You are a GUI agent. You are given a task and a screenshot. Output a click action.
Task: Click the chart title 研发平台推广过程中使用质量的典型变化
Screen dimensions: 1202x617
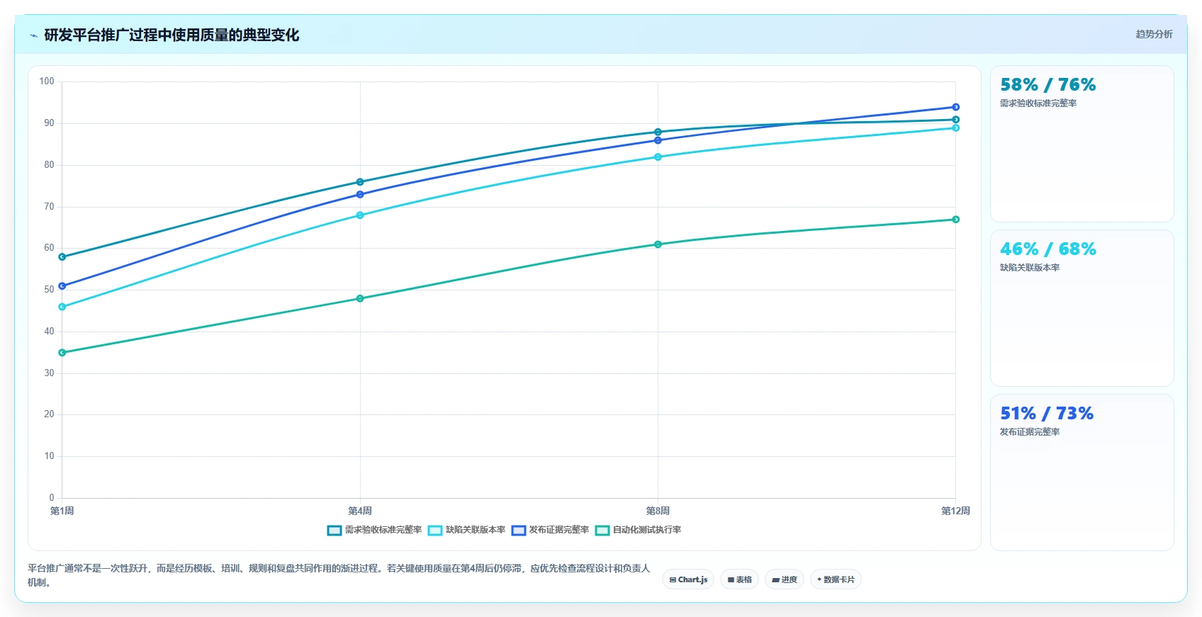[172, 35]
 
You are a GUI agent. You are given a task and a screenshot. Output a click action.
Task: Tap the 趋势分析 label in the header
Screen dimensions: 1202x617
[1154, 34]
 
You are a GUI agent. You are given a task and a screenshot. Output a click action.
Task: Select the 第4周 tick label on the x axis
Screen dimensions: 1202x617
[359, 511]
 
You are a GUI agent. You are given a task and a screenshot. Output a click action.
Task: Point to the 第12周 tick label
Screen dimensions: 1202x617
[955, 511]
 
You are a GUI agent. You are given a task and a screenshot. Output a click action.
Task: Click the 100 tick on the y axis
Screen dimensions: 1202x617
[47, 81]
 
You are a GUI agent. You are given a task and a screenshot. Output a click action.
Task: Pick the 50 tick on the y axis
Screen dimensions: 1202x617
[49, 290]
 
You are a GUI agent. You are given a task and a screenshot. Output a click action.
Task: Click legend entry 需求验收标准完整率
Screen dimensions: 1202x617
[374, 530]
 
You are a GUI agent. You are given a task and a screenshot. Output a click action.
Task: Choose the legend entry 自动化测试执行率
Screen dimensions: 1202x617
[639, 530]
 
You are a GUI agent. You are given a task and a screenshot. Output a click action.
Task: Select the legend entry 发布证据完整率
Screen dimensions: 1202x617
[551, 530]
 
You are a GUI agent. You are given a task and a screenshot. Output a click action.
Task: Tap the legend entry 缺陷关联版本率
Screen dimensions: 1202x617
[467, 530]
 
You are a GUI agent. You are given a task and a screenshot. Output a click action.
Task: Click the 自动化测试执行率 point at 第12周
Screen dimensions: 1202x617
[955, 220]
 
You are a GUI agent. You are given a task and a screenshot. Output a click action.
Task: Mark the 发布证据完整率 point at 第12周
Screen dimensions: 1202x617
[955, 107]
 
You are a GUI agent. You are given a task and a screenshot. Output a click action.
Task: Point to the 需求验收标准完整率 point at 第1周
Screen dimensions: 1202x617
[62, 257]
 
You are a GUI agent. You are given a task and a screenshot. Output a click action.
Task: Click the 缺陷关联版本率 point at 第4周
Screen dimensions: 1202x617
[360, 215]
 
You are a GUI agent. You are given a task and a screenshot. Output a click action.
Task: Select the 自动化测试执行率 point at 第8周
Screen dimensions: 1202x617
[658, 244]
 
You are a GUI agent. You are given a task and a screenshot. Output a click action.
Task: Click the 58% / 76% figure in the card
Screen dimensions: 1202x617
[1047, 85]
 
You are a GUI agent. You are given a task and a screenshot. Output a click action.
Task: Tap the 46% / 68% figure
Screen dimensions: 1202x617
[1047, 249]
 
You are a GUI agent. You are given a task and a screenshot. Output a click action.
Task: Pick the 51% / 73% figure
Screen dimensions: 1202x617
[1046, 413]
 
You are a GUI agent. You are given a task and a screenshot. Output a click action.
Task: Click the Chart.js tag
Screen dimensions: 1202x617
[688, 579]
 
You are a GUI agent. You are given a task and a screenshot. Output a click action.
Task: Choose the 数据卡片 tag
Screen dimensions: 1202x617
[836, 579]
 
